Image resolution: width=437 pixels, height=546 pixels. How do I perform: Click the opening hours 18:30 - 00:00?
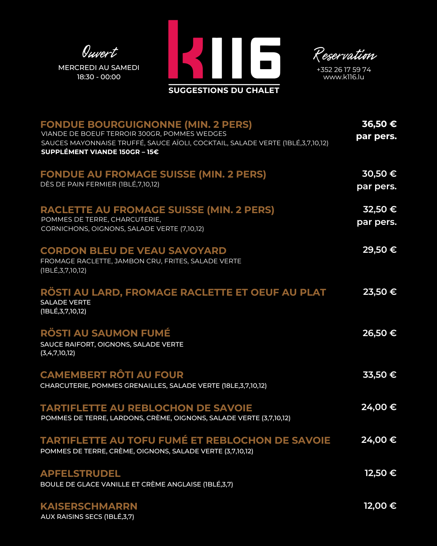[x=99, y=77]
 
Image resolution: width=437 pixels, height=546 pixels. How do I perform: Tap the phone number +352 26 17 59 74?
[x=344, y=70]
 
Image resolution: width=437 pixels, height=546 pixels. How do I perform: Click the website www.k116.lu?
[x=344, y=77]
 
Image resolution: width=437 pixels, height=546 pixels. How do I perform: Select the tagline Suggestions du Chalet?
[x=224, y=90]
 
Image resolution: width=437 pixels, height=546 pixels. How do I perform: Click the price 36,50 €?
[x=379, y=124]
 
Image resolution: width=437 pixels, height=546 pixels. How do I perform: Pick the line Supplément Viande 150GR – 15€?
[x=100, y=152]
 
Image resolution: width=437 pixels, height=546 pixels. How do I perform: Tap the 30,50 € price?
[x=379, y=174]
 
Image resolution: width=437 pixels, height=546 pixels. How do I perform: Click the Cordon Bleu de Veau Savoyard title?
[x=133, y=251]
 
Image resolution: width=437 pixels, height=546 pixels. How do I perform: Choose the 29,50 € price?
[x=380, y=250]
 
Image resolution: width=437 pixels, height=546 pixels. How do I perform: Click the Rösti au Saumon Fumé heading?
[x=105, y=333]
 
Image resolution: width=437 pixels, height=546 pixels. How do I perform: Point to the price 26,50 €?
[x=380, y=333]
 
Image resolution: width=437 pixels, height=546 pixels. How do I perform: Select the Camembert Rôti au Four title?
[x=112, y=375]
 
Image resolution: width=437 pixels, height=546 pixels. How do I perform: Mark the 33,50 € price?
[x=380, y=375]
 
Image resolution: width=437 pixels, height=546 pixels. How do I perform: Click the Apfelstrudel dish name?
[x=80, y=474]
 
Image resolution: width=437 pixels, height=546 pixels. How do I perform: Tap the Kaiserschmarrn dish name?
[x=89, y=506]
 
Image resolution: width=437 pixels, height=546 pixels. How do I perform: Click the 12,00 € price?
[x=380, y=506]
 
